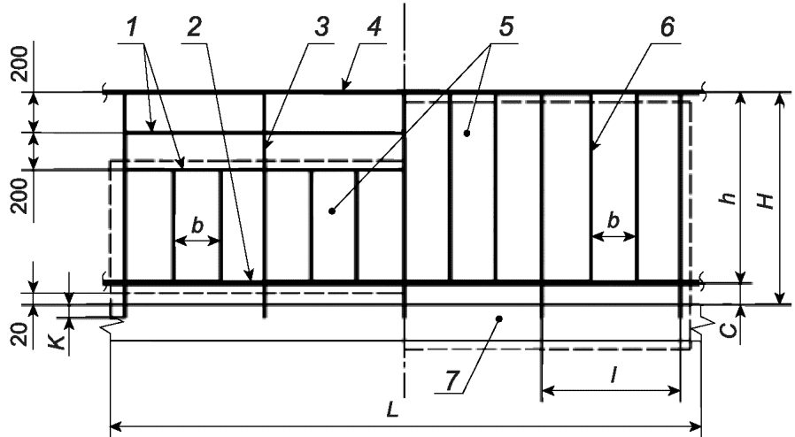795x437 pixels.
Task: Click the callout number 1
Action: coord(133,27)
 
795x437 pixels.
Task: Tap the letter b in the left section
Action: coord(197,225)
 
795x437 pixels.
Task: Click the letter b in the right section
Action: coord(614,223)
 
